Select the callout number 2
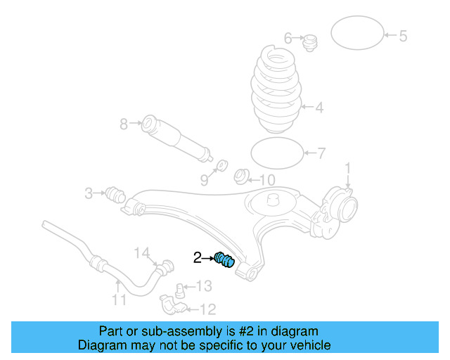[x=198, y=258]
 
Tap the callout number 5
[x=403, y=36]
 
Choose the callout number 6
[x=288, y=37]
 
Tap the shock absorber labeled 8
[x=176, y=136]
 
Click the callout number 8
[x=124, y=124]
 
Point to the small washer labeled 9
[x=220, y=165]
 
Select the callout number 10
[x=268, y=180]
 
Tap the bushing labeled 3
[x=114, y=193]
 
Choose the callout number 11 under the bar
[x=119, y=300]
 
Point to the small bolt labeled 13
[x=181, y=288]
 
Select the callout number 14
[x=142, y=252]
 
